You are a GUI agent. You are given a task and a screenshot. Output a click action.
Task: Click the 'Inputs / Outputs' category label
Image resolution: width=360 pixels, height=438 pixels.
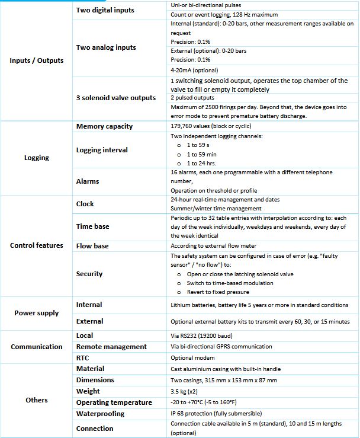[37, 60]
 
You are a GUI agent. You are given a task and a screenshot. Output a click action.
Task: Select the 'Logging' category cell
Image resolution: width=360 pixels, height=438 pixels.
[37, 158]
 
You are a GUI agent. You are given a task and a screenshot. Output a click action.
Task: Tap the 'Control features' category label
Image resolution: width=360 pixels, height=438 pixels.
[37, 245]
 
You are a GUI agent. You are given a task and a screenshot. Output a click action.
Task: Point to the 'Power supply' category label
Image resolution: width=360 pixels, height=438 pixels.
[37, 313]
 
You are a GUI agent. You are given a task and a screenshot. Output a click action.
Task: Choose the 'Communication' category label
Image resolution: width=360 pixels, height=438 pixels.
[37, 347]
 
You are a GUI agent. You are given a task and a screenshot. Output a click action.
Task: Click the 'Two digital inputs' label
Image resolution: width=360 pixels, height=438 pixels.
[105, 10]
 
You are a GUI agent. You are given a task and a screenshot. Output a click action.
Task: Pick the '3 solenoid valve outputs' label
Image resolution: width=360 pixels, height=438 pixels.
[116, 98]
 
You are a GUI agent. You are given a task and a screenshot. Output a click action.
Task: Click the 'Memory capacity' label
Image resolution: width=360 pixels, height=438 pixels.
[104, 126]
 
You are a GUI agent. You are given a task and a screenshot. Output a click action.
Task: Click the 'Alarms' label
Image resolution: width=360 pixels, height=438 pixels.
[88, 181]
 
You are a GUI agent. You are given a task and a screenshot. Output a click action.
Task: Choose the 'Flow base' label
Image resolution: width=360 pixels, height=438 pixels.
[94, 245]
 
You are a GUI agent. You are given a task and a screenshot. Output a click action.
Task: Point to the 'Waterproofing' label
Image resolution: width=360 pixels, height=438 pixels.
[101, 414]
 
